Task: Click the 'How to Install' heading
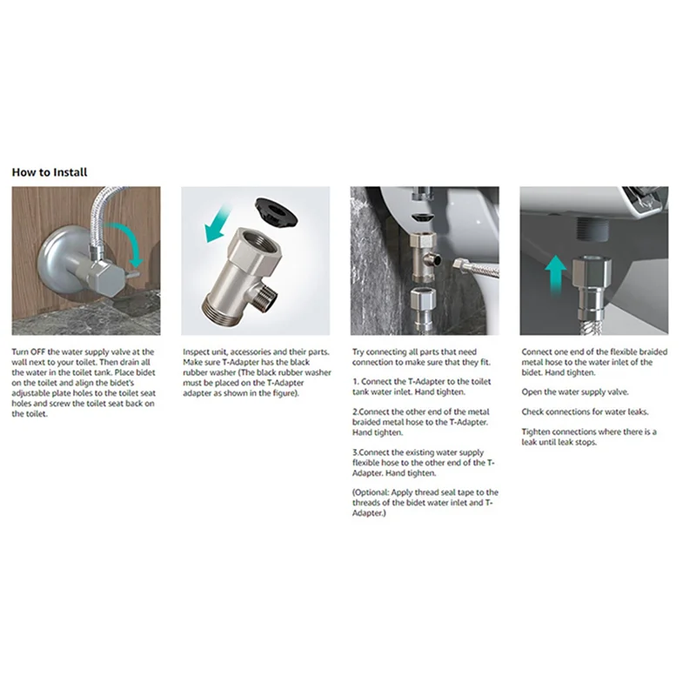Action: point(50,172)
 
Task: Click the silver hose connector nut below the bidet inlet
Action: point(595,270)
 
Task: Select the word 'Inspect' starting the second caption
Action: point(197,351)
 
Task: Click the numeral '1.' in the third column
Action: point(357,382)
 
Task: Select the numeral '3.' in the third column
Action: point(357,452)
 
